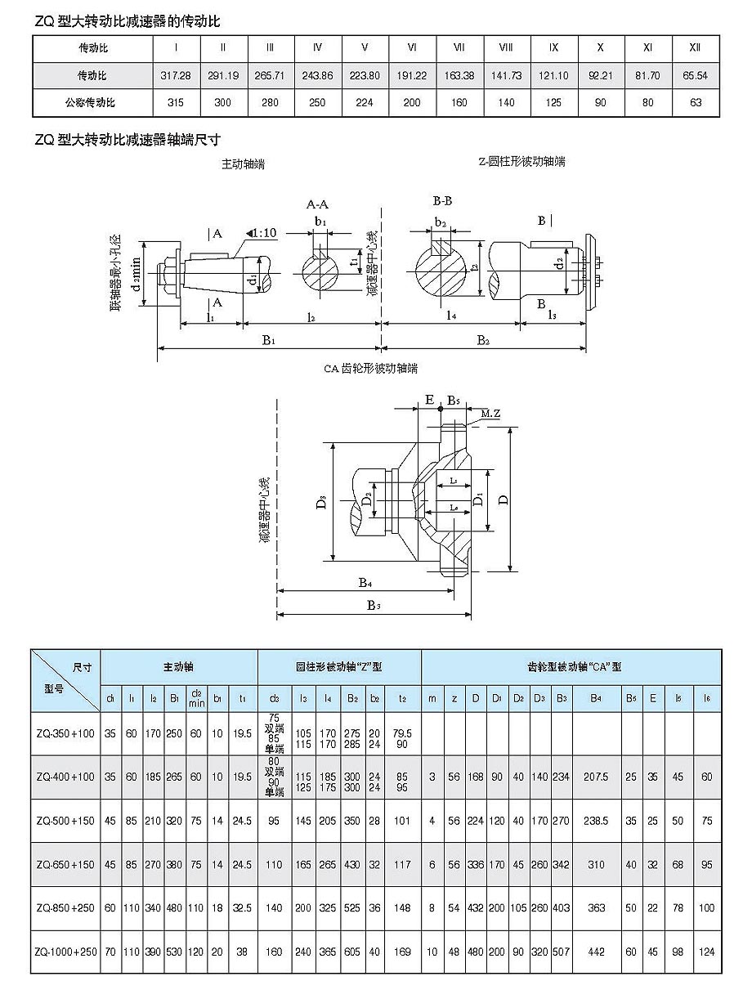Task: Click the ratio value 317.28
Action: (x=177, y=75)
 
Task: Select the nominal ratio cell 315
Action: (x=177, y=102)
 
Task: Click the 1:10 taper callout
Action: (x=262, y=232)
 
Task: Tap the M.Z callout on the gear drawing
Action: (x=490, y=415)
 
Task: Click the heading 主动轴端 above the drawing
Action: (x=243, y=163)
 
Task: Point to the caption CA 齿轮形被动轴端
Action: (x=370, y=369)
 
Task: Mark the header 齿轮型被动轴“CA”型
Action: (x=571, y=667)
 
